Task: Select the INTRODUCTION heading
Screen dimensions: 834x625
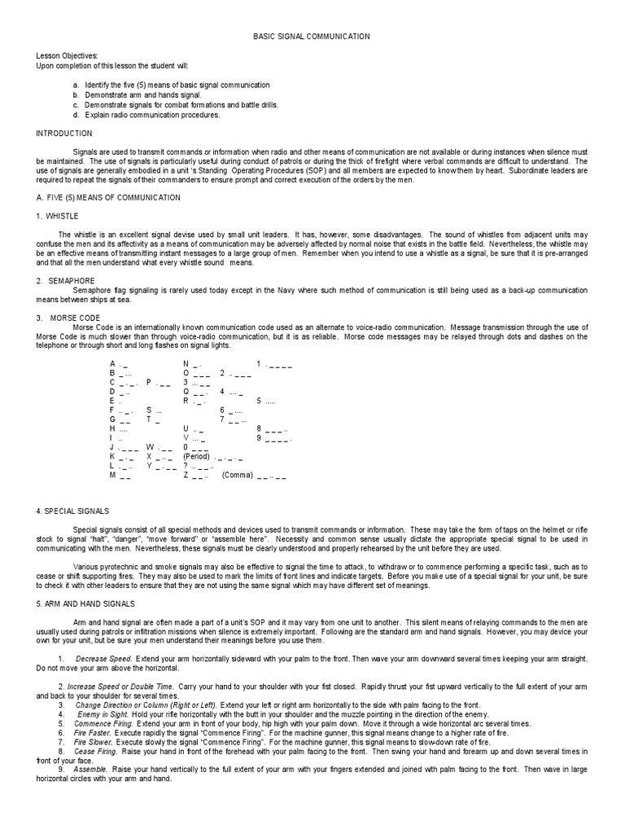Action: coord(64,133)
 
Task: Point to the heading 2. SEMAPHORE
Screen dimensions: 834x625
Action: coord(63,280)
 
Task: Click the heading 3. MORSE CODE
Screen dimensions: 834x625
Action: coord(68,317)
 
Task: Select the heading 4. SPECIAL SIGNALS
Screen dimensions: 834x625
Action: coord(72,511)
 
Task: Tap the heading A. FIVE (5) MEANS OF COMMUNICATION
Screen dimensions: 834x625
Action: coord(108,197)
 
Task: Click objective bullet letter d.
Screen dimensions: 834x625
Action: coord(76,115)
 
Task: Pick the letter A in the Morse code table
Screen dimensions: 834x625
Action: coord(112,364)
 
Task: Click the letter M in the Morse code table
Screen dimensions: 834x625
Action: coord(113,475)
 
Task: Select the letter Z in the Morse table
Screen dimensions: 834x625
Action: coord(186,475)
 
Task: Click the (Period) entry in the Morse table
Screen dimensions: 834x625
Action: coord(197,457)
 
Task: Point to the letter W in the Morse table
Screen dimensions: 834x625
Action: coord(150,447)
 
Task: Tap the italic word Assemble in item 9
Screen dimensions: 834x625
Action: coord(89,769)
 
